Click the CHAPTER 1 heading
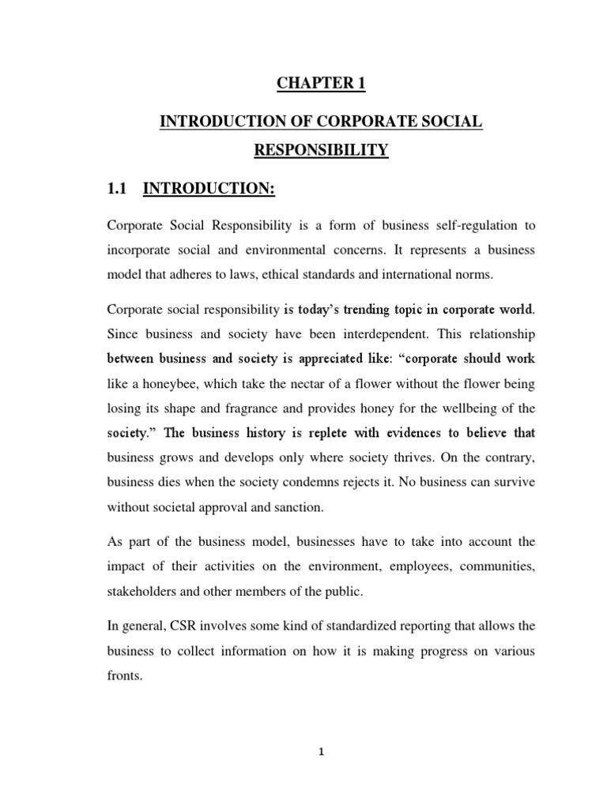click(320, 84)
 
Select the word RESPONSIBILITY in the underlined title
click(320, 149)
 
